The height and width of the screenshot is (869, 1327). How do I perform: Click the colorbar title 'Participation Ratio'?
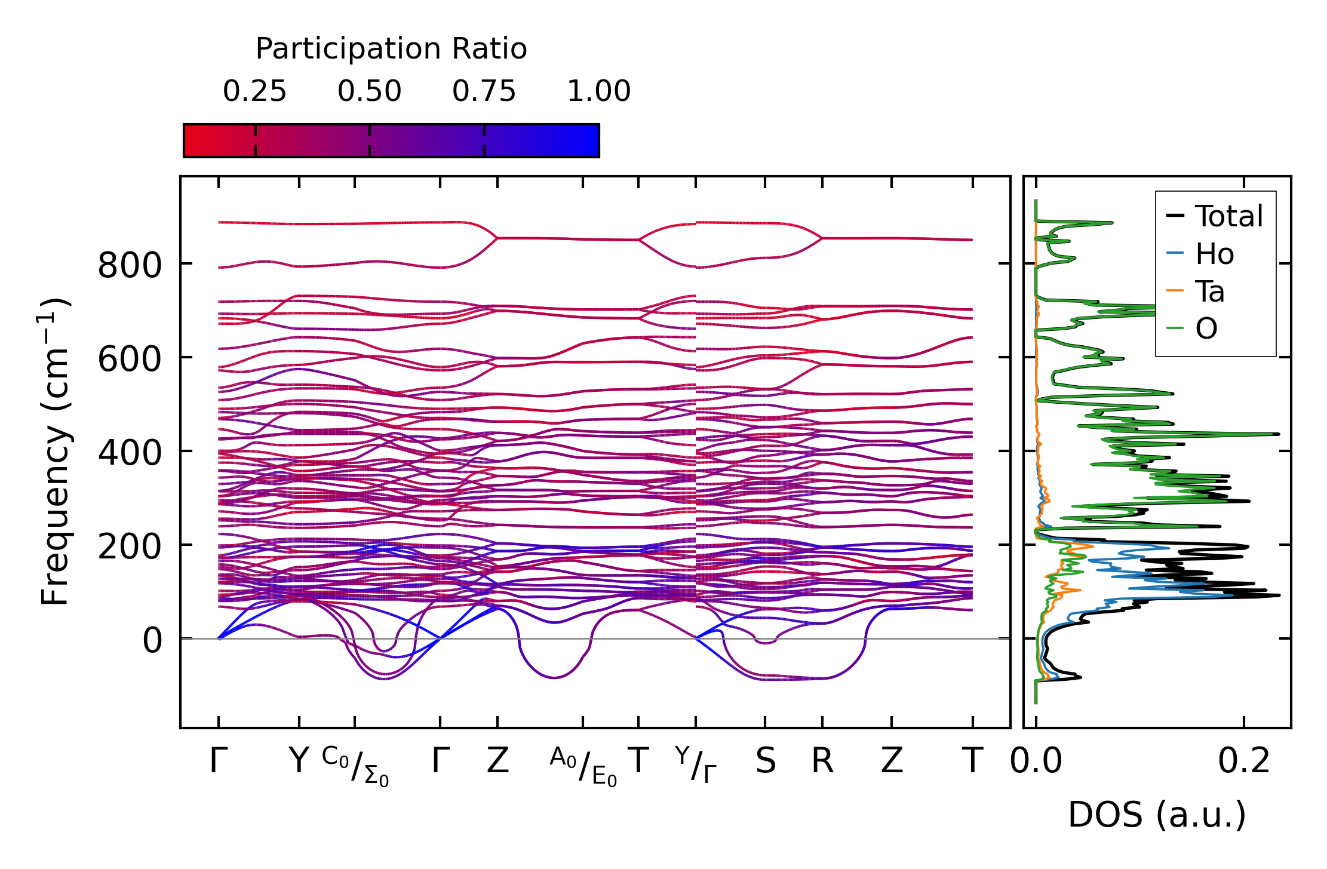391,49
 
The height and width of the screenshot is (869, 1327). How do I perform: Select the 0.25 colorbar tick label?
255,92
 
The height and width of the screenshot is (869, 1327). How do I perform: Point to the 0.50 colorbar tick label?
369,92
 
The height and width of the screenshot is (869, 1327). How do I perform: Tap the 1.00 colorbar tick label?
598,92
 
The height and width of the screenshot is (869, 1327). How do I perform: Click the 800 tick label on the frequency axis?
130,265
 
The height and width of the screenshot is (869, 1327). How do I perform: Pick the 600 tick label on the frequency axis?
130,359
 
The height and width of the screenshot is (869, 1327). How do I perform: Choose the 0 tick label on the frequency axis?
152,640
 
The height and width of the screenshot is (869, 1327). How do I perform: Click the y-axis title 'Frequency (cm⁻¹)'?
56,452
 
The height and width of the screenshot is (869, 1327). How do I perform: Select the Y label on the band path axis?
299,761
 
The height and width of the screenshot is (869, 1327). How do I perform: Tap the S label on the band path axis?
765,761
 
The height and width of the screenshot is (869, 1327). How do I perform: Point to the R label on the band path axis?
822,761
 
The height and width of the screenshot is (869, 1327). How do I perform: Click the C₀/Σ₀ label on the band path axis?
355,766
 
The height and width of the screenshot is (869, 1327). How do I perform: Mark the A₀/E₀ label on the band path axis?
583,766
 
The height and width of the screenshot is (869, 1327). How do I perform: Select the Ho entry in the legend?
1214,254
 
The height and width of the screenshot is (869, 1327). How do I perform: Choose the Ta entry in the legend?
1209,292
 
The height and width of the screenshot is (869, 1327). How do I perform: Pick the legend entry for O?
1206,328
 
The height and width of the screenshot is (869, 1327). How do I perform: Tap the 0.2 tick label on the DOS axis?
1244,761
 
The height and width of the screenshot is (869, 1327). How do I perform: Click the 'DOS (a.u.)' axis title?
1157,815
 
